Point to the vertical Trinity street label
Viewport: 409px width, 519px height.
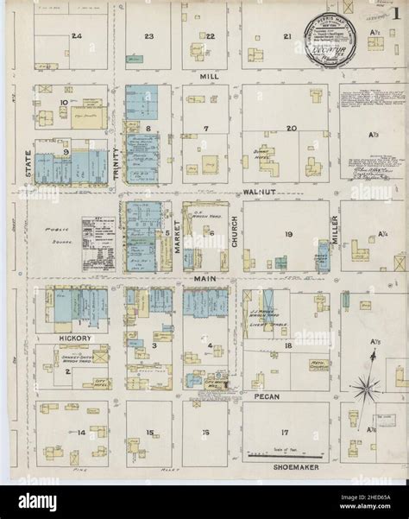116,163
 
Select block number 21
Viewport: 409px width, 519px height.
286,37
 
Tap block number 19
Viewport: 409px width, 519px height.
289,233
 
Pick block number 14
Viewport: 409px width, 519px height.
82,430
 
